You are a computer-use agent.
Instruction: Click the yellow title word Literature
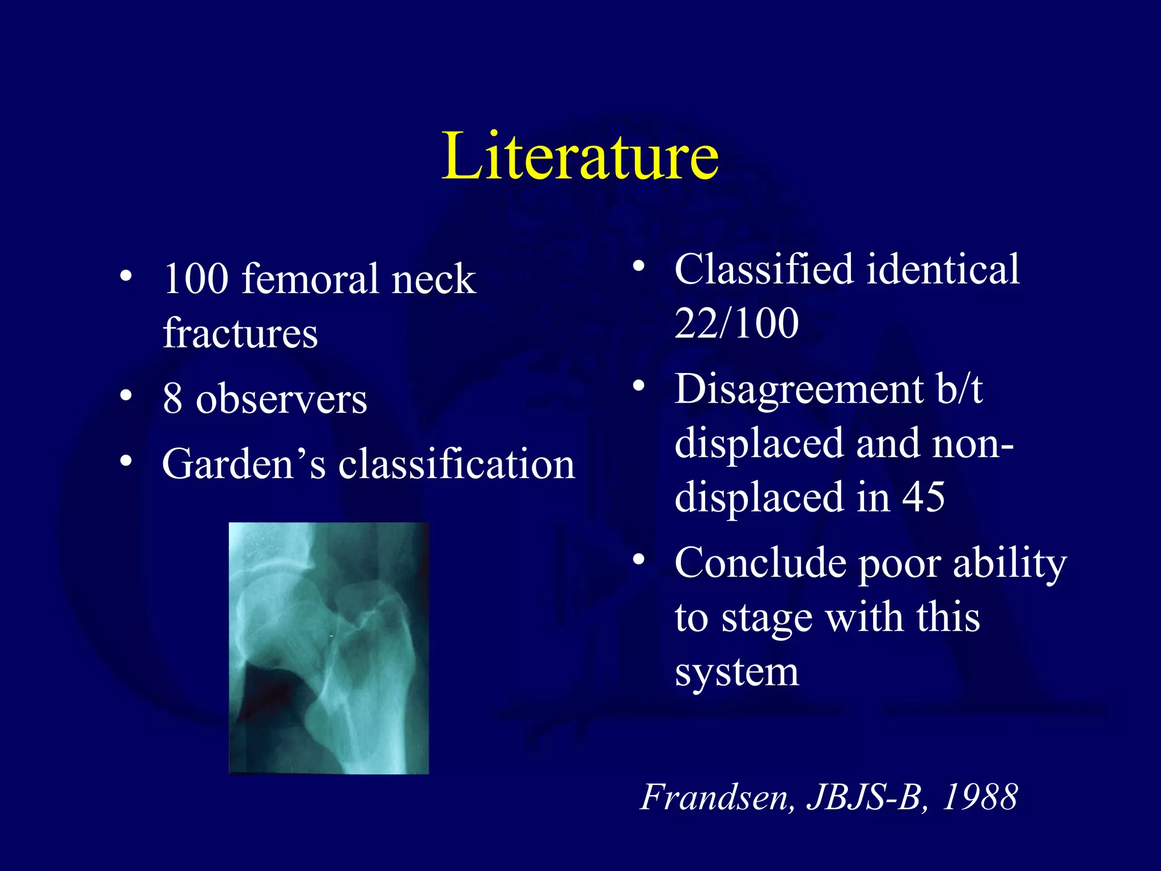click(580, 155)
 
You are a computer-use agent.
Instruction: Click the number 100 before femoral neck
click(196, 279)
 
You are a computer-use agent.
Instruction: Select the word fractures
click(240, 333)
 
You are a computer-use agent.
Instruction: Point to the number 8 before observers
click(172, 399)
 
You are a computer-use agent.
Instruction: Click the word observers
click(281, 399)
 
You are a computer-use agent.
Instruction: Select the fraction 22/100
click(736, 323)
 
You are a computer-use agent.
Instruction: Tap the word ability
click(1010, 564)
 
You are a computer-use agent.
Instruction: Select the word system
click(736, 673)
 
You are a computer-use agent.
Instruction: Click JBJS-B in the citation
click(867, 797)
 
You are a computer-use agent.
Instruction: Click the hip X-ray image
click(329, 648)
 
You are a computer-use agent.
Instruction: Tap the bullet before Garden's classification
click(126, 460)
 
